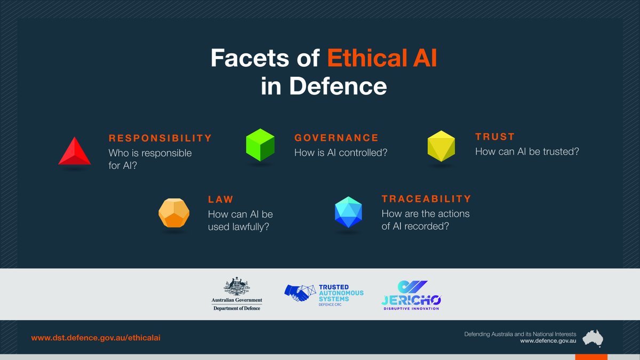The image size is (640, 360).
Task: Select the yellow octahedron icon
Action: coord(441,146)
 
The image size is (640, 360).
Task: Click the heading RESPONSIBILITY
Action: coord(160,138)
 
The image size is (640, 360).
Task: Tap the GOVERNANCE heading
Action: coord(337,138)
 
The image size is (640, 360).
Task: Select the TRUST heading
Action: coord(495,137)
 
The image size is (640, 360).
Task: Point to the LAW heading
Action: coord(221,199)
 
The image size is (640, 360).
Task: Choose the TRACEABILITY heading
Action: coord(427,199)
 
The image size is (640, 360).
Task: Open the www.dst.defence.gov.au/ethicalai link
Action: coord(95,338)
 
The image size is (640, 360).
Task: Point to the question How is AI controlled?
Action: coord(341,153)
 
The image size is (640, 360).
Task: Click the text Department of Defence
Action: coord(237,308)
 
